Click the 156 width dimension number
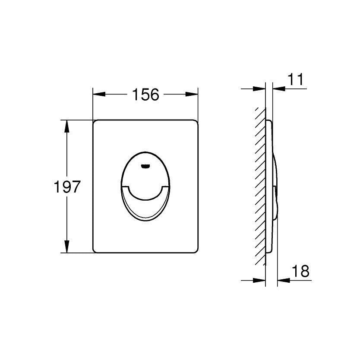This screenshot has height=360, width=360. [x=145, y=95]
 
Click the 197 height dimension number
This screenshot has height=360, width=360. [x=67, y=186]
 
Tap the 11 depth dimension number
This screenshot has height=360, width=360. [x=296, y=79]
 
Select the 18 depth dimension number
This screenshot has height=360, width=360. [x=300, y=271]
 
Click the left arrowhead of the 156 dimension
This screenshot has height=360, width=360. [x=99, y=94]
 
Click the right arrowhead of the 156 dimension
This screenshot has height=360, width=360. [x=192, y=94]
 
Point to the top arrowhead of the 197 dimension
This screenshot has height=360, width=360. [x=67, y=126]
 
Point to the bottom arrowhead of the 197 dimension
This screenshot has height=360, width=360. [x=67, y=246]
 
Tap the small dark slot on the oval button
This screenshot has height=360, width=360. [x=145, y=166]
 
